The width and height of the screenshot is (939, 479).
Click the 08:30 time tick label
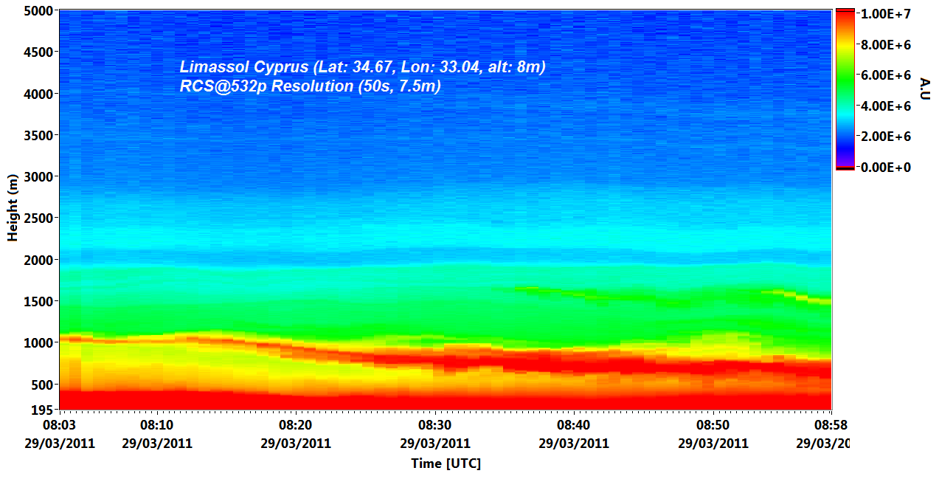pyautogui.click(x=435, y=425)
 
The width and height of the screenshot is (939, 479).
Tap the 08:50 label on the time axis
pyautogui.click(x=713, y=425)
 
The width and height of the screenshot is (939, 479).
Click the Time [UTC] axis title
pyautogui.click(x=446, y=464)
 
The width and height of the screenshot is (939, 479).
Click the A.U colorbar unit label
pyautogui.click(x=926, y=88)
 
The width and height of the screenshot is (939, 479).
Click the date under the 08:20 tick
pyautogui.click(x=296, y=444)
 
